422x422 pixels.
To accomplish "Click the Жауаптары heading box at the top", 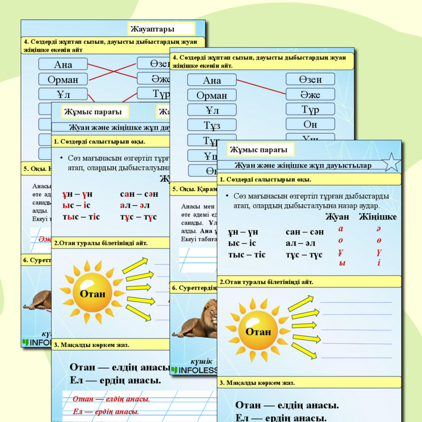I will tap(161, 28).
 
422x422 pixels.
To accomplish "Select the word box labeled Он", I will tap(310, 124).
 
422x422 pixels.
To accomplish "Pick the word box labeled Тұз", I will tap(212, 125).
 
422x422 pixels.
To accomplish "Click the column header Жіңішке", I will tap(378, 217).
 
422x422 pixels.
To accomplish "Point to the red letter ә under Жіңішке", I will tap(378, 229).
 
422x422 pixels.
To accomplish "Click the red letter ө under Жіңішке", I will tap(379, 240).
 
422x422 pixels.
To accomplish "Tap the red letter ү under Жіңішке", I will tap(379, 252).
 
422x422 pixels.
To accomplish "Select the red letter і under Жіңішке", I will tap(379, 263).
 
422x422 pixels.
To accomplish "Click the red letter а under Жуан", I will tap(341, 229).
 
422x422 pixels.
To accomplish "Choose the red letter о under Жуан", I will tap(341, 240).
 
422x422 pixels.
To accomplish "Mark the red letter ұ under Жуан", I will tap(341, 252).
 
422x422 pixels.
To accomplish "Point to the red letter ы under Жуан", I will tap(342, 263).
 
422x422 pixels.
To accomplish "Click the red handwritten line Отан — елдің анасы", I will tap(111, 399).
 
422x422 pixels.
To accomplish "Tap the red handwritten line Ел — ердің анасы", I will tap(106, 412).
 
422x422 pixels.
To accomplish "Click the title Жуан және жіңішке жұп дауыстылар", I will tap(303, 165).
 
